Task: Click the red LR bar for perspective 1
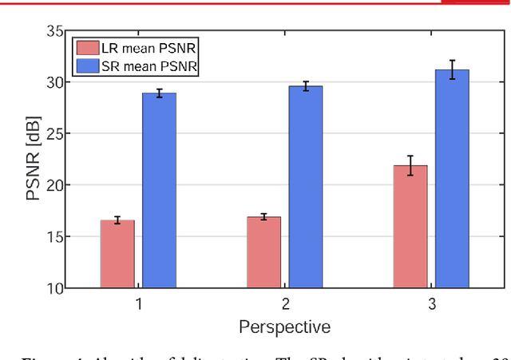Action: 117,254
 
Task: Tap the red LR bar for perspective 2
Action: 263,251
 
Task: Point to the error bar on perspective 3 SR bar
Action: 452,69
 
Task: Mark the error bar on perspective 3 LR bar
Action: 410,165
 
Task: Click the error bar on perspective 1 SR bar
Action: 159,93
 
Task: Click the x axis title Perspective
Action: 284,326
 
